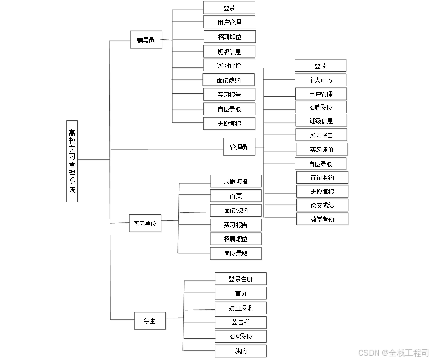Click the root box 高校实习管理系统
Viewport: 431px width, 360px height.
point(72,161)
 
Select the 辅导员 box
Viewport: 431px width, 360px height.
point(146,40)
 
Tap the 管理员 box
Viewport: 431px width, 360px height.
point(239,147)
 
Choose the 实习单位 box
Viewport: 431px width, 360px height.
point(145,224)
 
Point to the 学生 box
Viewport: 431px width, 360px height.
point(150,321)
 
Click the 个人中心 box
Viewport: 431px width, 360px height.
point(320,80)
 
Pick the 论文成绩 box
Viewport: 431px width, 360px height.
point(322,205)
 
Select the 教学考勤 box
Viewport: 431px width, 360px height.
point(322,219)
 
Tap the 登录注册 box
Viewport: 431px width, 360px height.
point(241,278)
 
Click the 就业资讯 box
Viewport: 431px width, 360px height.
point(241,308)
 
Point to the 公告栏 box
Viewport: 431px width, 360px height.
point(241,322)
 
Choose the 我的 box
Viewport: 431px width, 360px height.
point(241,351)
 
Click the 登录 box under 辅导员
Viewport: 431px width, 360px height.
point(229,8)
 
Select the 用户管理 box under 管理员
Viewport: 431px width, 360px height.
point(321,94)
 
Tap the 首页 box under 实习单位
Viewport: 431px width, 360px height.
point(236,196)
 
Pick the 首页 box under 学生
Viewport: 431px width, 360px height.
point(241,293)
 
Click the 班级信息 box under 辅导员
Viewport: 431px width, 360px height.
point(229,52)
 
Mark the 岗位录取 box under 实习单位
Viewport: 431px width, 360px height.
point(236,253)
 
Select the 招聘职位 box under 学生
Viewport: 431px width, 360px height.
point(241,336)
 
